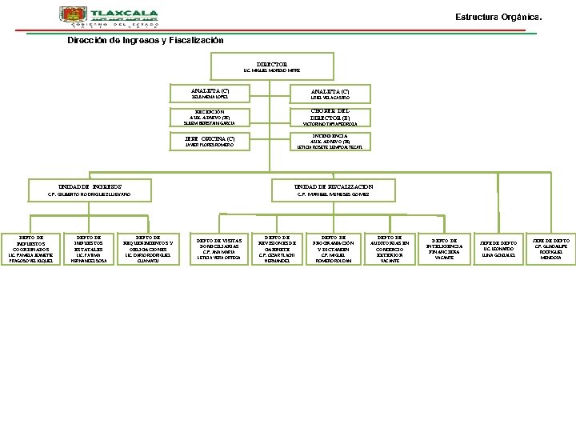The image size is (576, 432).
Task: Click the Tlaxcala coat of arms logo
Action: [x=70, y=16]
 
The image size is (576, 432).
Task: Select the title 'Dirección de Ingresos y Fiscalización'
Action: [x=146, y=40]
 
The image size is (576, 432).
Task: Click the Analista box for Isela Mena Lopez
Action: [x=210, y=93]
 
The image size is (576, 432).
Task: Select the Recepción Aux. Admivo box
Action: [x=210, y=117]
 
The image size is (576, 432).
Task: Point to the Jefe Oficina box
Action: [x=210, y=141]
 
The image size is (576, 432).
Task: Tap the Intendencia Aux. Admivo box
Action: [x=330, y=141]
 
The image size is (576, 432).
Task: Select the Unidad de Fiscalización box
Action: [x=334, y=190]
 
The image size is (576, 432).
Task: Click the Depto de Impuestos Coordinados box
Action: [x=29, y=248]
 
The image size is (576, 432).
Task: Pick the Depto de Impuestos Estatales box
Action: [x=89, y=248]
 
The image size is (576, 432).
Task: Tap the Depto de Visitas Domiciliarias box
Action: [x=218, y=249]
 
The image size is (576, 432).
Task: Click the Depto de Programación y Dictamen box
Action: [x=334, y=249]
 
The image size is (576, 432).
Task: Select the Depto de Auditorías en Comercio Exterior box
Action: [x=390, y=249]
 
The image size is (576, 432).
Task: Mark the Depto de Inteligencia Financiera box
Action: [x=445, y=249]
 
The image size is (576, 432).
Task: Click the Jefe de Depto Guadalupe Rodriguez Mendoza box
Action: [x=551, y=249]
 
